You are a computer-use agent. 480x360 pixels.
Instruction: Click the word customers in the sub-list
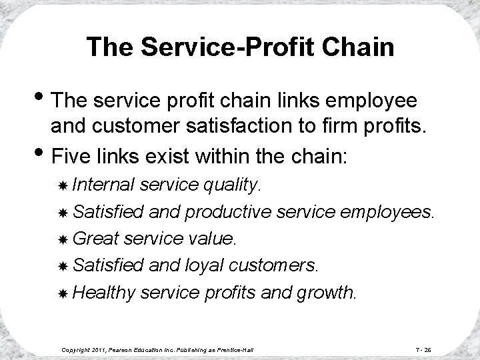coord(275,266)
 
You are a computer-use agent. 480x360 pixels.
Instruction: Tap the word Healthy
coord(104,292)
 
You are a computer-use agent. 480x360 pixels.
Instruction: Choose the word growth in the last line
coord(331,292)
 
